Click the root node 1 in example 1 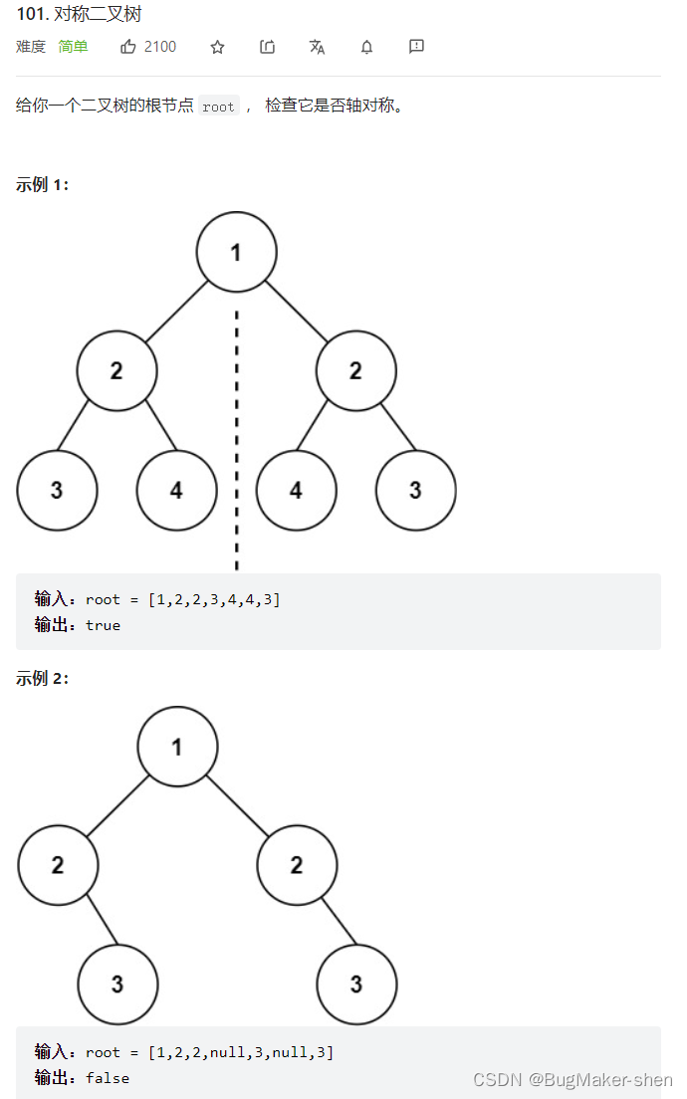[x=236, y=252]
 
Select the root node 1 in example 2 [x=177, y=746]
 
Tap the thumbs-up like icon [x=128, y=47]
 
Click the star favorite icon [x=217, y=47]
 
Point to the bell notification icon [x=366, y=47]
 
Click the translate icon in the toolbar [x=317, y=47]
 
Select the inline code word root [x=218, y=107]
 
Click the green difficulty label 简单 [x=73, y=47]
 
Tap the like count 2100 [x=160, y=47]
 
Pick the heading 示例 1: [x=42, y=184]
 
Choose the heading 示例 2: [x=42, y=678]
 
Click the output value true [x=103, y=625]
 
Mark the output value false [x=107, y=1078]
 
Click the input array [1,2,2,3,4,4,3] [x=213, y=599]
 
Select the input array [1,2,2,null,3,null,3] [x=240, y=1052]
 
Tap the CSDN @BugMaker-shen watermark [x=572, y=1080]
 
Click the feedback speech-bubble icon [x=416, y=47]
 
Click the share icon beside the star [x=267, y=47]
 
